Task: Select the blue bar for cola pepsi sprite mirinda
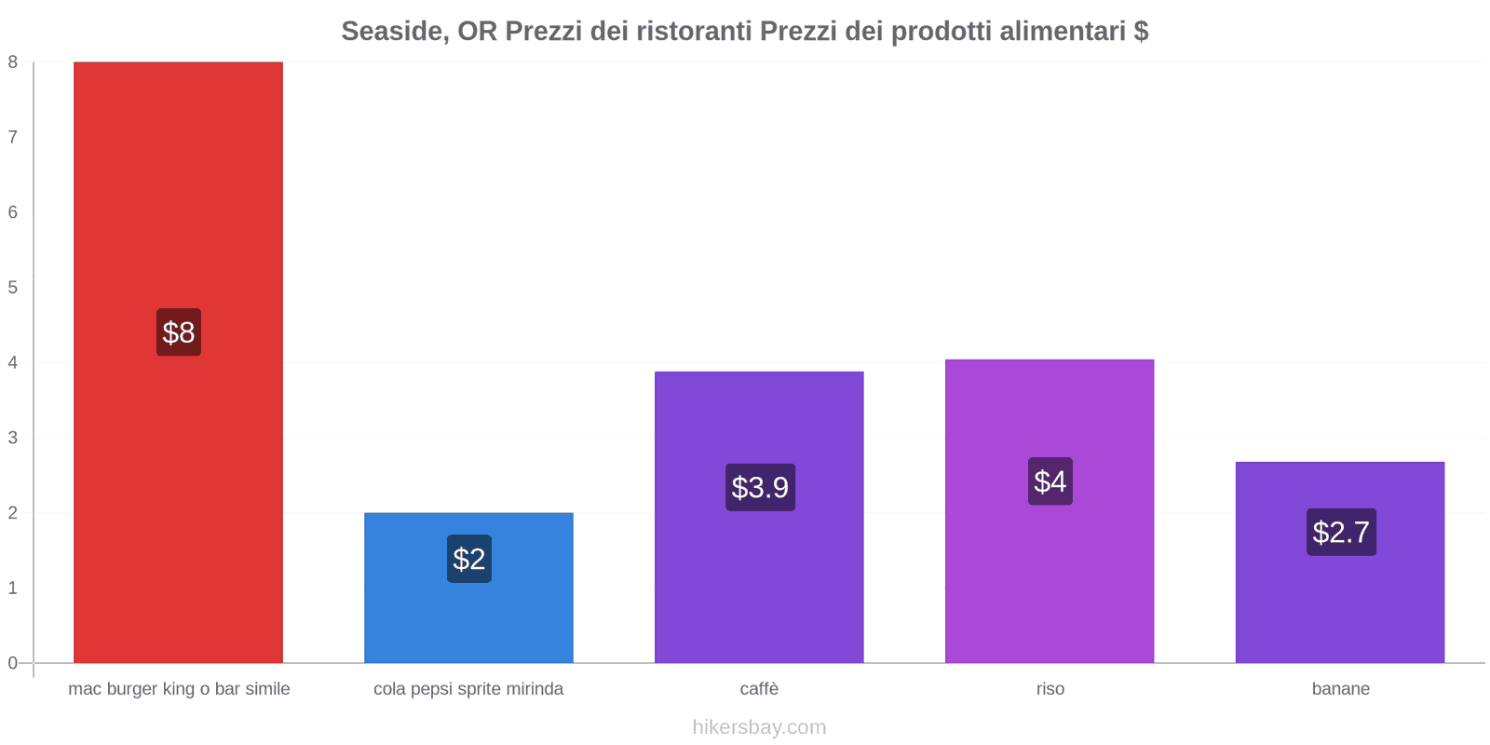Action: [468, 615]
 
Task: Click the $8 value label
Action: [179, 332]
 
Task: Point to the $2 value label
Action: [468, 559]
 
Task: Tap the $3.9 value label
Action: [760, 487]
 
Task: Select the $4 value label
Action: [1050, 481]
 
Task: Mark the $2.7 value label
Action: [1341, 532]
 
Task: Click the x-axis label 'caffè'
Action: [759, 689]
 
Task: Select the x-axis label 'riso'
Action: [1050, 689]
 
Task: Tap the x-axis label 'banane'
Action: [1340, 689]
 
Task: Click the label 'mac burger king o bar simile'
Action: [179, 689]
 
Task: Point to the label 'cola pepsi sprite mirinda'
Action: [468, 689]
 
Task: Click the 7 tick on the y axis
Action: [13, 138]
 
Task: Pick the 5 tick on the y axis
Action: [13, 288]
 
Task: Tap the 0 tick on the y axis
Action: [13, 663]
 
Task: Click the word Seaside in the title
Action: [391, 32]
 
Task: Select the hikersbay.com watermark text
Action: [759, 727]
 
